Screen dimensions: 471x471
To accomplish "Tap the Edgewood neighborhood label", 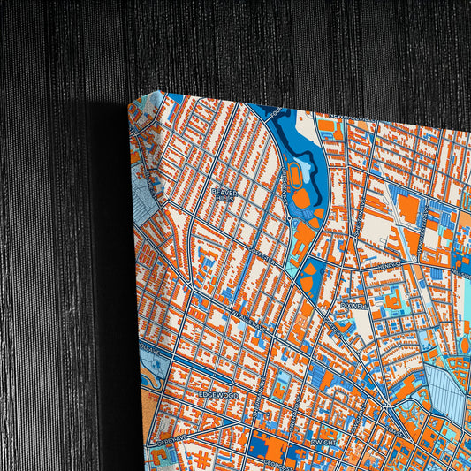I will point(217,393).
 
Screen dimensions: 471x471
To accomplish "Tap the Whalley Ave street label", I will point(243,327).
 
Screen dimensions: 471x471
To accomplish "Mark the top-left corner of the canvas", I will point(130,104).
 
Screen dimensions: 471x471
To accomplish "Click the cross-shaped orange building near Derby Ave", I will point(202,459).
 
